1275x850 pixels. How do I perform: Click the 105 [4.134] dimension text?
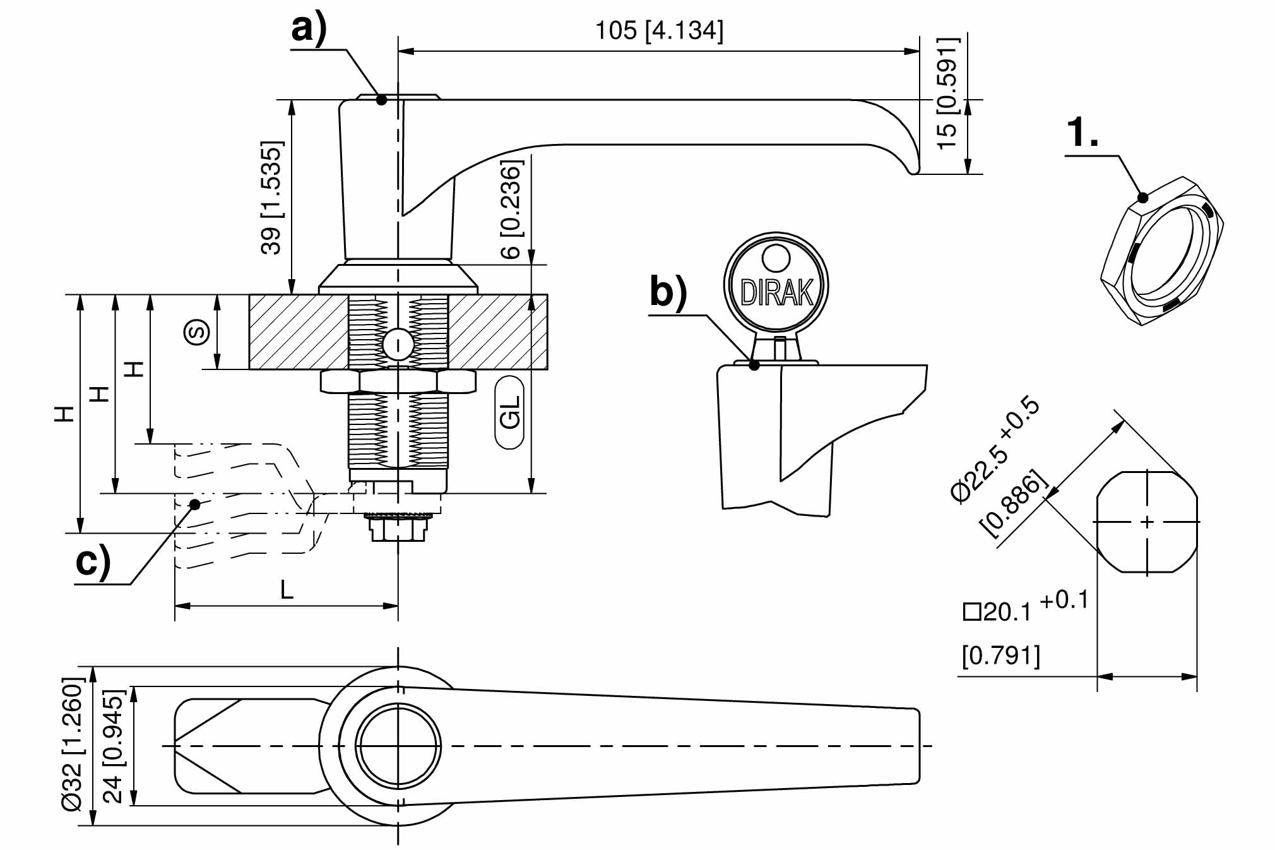click(659, 30)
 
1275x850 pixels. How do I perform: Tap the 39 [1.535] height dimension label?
click(271, 197)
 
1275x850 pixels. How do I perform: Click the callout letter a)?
click(309, 28)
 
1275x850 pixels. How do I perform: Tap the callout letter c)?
click(93, 561)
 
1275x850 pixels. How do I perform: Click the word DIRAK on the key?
click(776, 292)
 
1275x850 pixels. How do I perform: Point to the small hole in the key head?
click(776, 258)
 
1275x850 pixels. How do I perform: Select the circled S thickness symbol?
click(196, 332)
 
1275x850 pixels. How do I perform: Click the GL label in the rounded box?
click(509, 412)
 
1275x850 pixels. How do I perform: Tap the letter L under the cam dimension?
click(287, 590)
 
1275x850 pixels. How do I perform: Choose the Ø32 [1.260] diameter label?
click(73, 745)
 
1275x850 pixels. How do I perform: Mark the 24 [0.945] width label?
click(114, 746)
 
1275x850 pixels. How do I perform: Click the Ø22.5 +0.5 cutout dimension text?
click(995, 448)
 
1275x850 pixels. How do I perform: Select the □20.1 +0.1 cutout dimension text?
click(1025, 607)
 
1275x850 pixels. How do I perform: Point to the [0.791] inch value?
click(1000, 655)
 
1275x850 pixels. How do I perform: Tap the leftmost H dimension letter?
click(64, 414)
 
